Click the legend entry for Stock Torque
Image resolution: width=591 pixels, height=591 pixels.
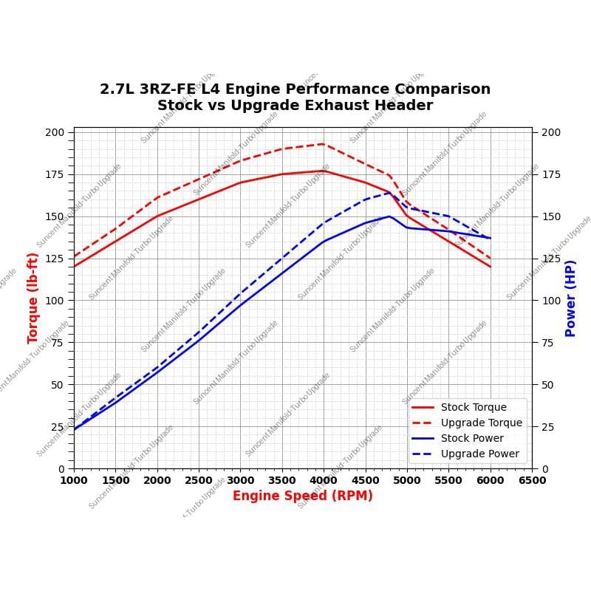474,407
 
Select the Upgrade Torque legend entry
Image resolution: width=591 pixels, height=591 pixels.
481,423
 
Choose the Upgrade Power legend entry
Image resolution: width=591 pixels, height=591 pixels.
480,454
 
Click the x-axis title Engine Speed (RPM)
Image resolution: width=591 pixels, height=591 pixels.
302,496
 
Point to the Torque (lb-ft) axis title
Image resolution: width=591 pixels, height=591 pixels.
33,298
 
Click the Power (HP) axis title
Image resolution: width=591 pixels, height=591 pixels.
570,298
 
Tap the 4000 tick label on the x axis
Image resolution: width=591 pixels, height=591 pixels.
324,480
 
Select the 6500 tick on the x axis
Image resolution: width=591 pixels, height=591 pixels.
532,480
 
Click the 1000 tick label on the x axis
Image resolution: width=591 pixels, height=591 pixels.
74,480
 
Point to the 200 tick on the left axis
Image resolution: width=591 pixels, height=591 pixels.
55,132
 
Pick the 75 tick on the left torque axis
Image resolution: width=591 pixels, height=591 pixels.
58,343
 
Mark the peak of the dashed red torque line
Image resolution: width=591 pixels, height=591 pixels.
323,144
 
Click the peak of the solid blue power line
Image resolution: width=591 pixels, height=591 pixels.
389,216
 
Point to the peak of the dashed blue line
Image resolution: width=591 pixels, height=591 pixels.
389,194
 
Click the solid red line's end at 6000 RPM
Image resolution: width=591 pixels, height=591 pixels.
490,267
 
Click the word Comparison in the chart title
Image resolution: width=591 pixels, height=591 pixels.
446,89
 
